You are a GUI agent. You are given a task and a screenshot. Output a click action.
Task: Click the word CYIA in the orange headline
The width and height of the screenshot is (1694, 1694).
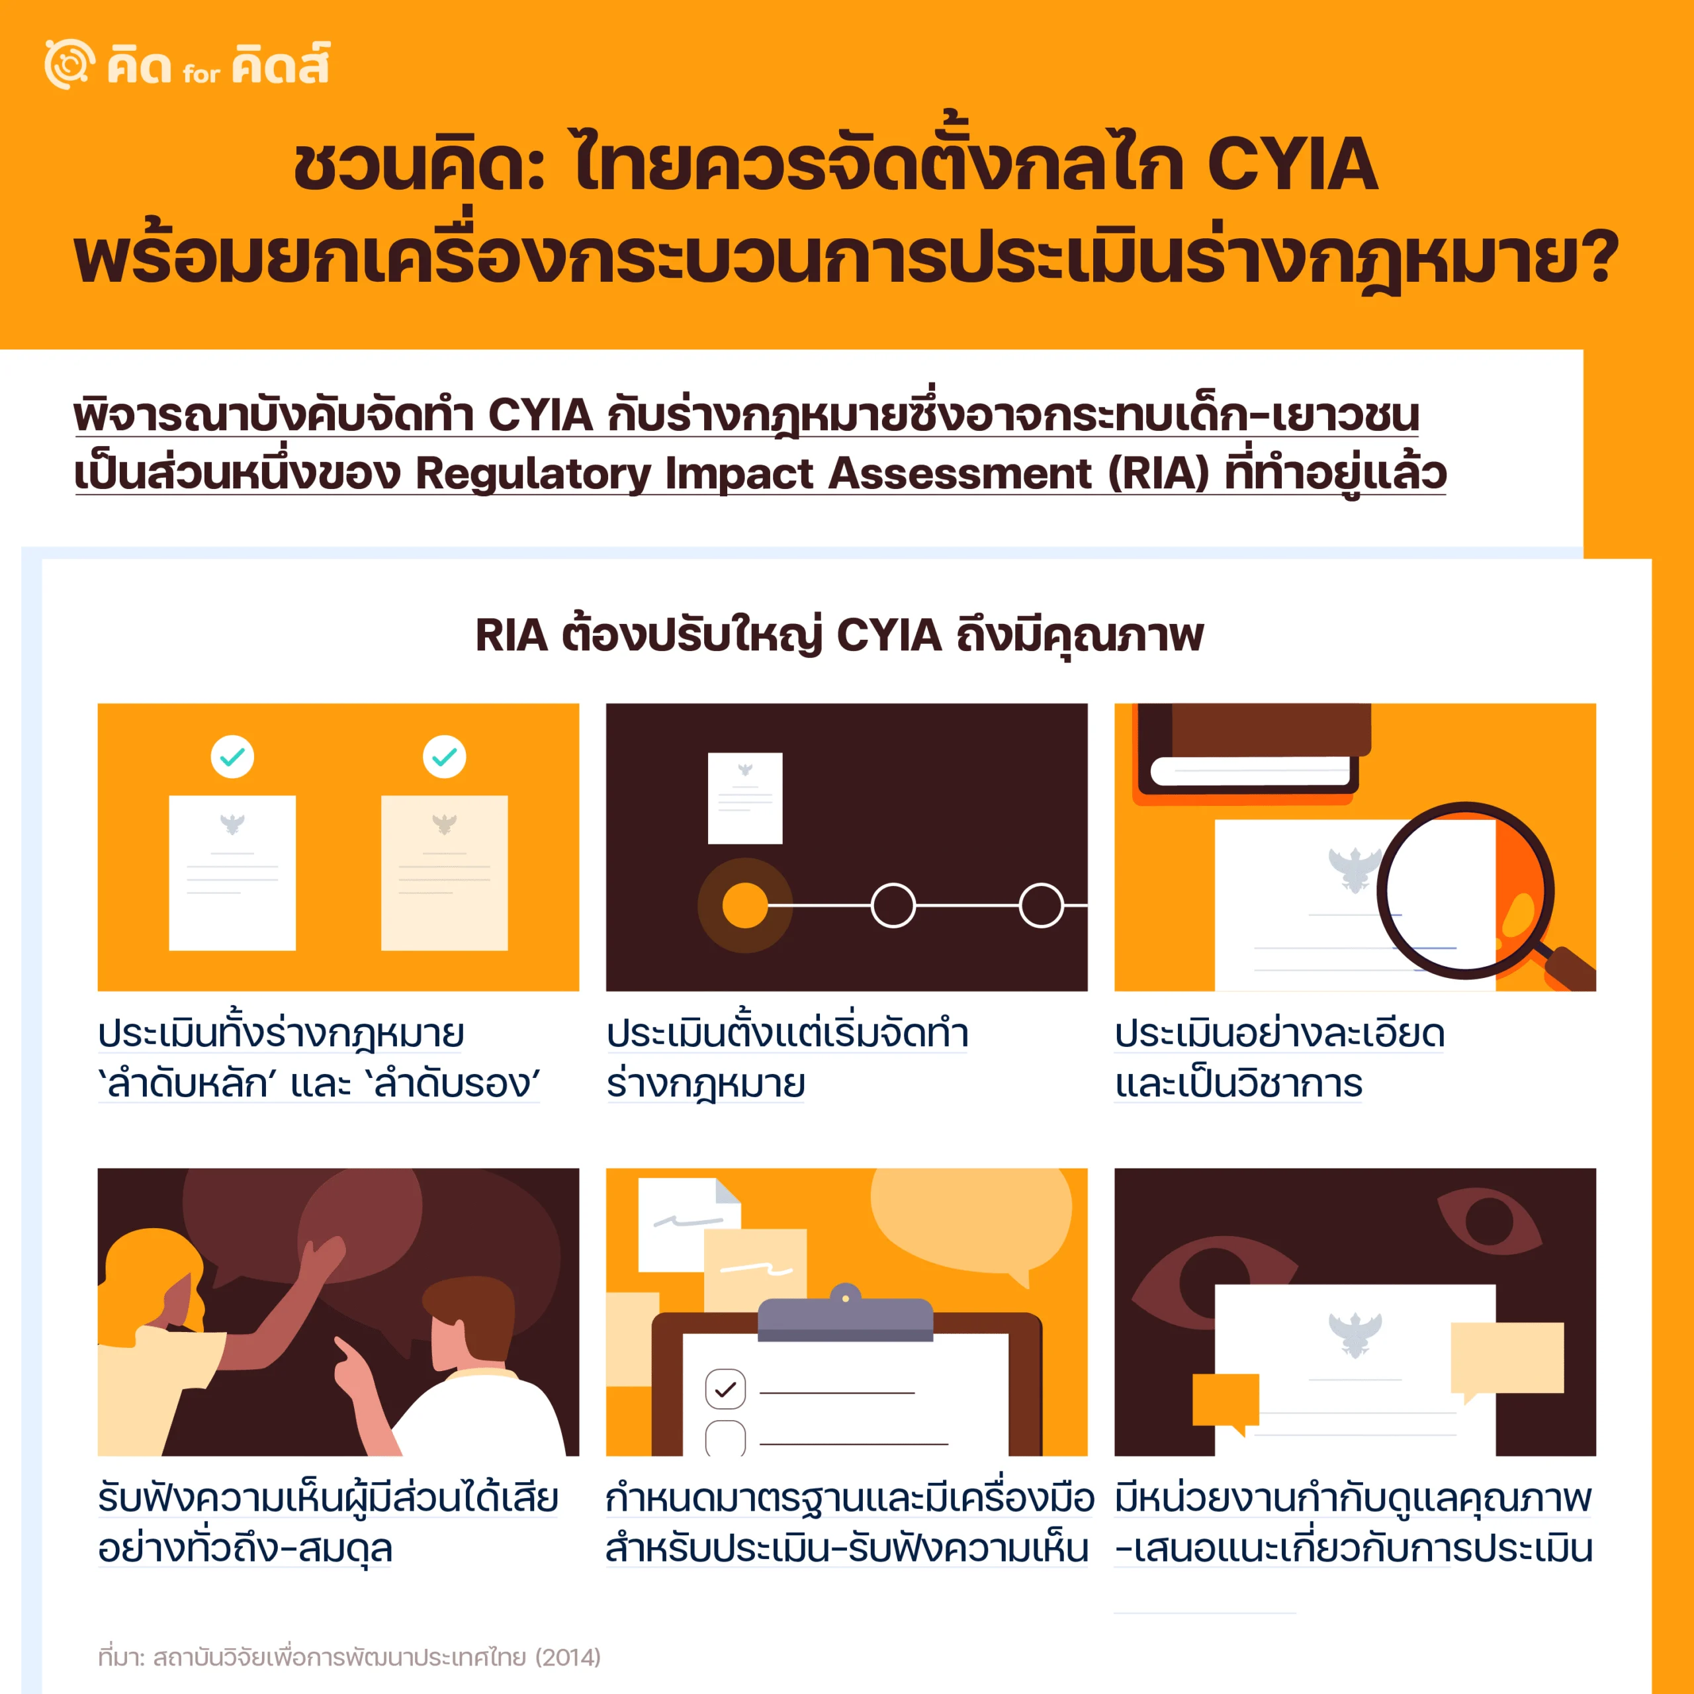[x=1292, y=164]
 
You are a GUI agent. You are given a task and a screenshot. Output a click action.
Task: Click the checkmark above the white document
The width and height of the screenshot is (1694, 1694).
[x=232, y=756]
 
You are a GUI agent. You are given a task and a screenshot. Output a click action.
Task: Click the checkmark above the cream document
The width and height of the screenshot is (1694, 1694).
[x=445, y=756]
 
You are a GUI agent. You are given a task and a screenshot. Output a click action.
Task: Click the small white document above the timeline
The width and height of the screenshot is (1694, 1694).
[x=745, y=798]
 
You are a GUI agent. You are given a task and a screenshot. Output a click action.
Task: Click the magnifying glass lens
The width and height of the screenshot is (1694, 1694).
[x=1464, y=891]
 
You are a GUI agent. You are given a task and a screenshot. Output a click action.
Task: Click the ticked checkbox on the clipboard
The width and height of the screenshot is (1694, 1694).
[x=726, y=1389]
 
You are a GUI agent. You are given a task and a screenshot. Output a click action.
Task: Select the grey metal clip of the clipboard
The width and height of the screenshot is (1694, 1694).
[x=845, y=1314]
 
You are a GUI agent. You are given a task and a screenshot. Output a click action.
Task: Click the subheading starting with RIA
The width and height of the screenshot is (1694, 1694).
[x=839, y=636]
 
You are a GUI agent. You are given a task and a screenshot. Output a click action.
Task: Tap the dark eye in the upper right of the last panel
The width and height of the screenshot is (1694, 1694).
[x=1490, y=1220]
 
